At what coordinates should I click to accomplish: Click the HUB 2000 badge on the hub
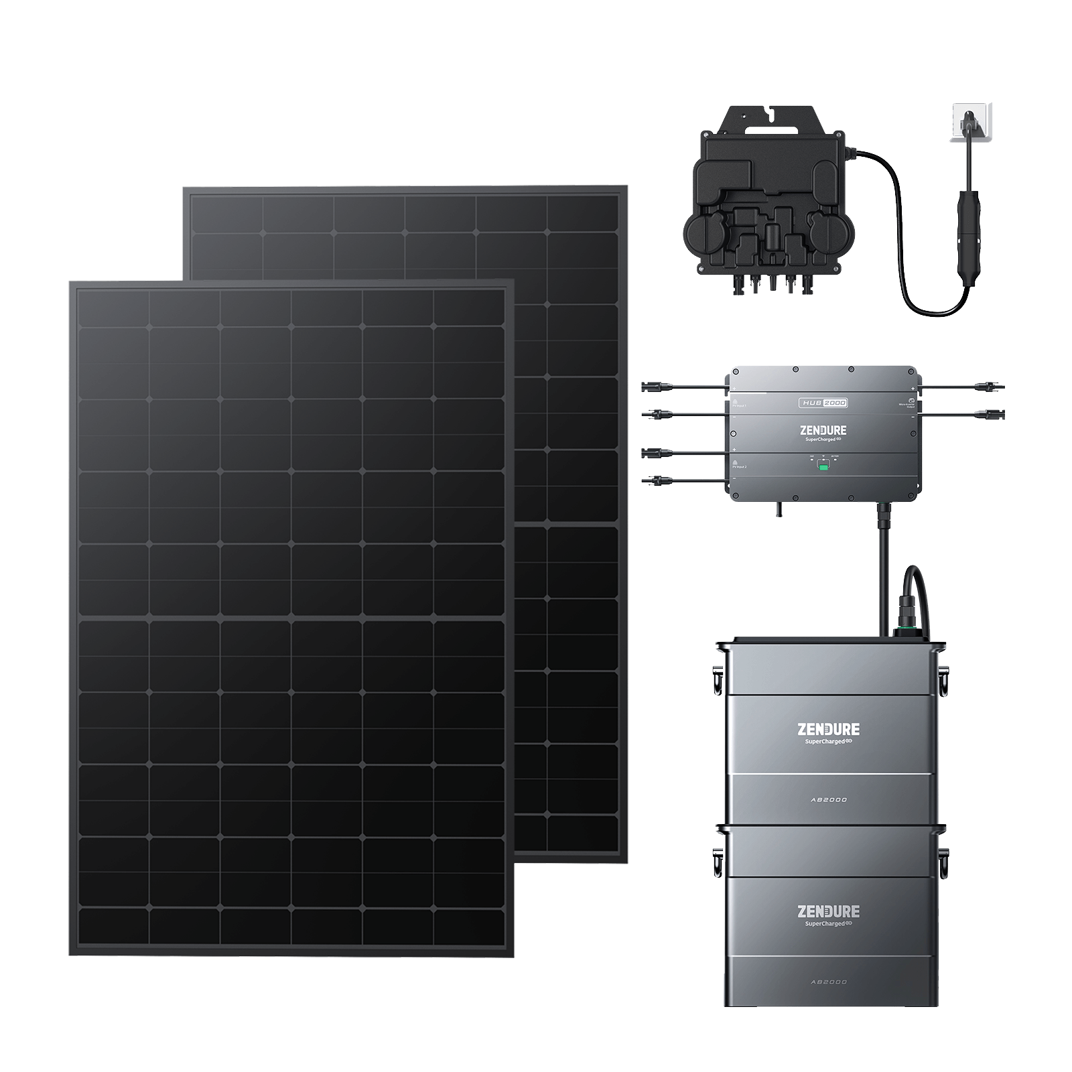pos(823,403)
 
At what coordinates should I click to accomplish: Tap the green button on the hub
pos(823,466)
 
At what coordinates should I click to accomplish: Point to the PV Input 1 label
pos(739,405)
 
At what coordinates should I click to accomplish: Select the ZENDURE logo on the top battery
pos(829,729)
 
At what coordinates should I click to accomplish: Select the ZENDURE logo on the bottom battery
pos(829,911)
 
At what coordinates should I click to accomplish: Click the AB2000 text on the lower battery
pos(831,982)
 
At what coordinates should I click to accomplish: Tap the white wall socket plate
pos(970,122)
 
